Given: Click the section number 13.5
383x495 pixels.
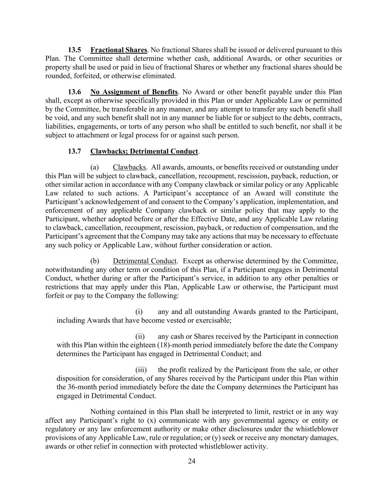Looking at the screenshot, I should pyautogui.click(x=74, y=50).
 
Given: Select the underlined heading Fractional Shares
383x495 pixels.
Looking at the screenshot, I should pyautogui.click(x=119, y=50).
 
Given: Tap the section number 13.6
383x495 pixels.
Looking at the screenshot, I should pyautogui.click(x=74, y=92).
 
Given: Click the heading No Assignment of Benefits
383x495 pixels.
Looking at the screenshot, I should pyautogui.click(x=134, y=92).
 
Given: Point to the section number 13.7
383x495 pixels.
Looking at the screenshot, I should pyautogui.click(x=74, y=151).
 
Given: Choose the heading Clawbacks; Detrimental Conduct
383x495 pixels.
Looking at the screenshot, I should pyautogui.click(x=144, y=151).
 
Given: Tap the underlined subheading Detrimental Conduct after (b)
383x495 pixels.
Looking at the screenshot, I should pyautogui.click(x=144, y=261).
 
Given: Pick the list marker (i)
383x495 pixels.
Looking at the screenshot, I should pyautogui.click(x=139, y=312).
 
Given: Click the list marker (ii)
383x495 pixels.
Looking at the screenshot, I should pyautogui.click(x=140, y=337).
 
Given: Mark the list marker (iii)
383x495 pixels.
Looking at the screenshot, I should pyautogui.click(x=141, y=370).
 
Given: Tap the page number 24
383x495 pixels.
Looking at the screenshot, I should pyautogui.click(x=192, y=461).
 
